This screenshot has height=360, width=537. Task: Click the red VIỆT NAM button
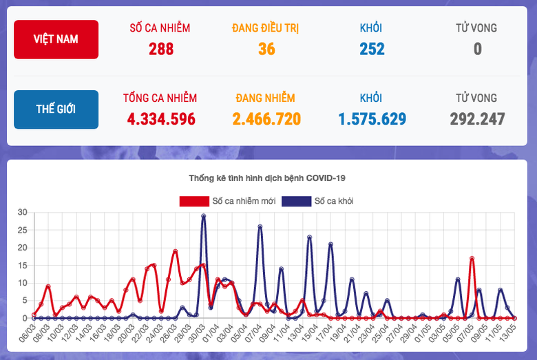click(x=56, y=39)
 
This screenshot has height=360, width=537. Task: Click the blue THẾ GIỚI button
click(x=56, y=109)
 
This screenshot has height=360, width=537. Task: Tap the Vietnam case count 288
click(x=160, y=49)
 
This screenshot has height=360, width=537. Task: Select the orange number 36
click(x=266, y=49)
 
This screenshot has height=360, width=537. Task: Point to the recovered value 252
click(x=372, y=49)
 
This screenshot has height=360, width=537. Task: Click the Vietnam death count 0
click(x=476, y=49)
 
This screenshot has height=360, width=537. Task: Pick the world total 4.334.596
click(x=160, y=119)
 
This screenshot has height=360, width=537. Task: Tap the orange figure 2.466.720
click(x=266, y=119)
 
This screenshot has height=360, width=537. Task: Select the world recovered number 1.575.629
click(x=372, y=119)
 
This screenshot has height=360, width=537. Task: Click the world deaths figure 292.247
click(x=477, y=119)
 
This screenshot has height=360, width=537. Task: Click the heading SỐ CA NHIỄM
click(x=160, y=28)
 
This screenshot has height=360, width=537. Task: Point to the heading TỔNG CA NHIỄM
click(x=160, y=98)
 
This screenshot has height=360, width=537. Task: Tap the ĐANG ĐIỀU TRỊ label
click(x=266, y=28)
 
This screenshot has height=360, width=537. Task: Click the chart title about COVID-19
click(x=267, y=178)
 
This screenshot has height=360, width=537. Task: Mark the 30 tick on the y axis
click(x=22, y=212)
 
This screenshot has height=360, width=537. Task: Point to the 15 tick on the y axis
click(x=22, y=265)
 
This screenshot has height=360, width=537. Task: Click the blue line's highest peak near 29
click(x=204, y=216)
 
